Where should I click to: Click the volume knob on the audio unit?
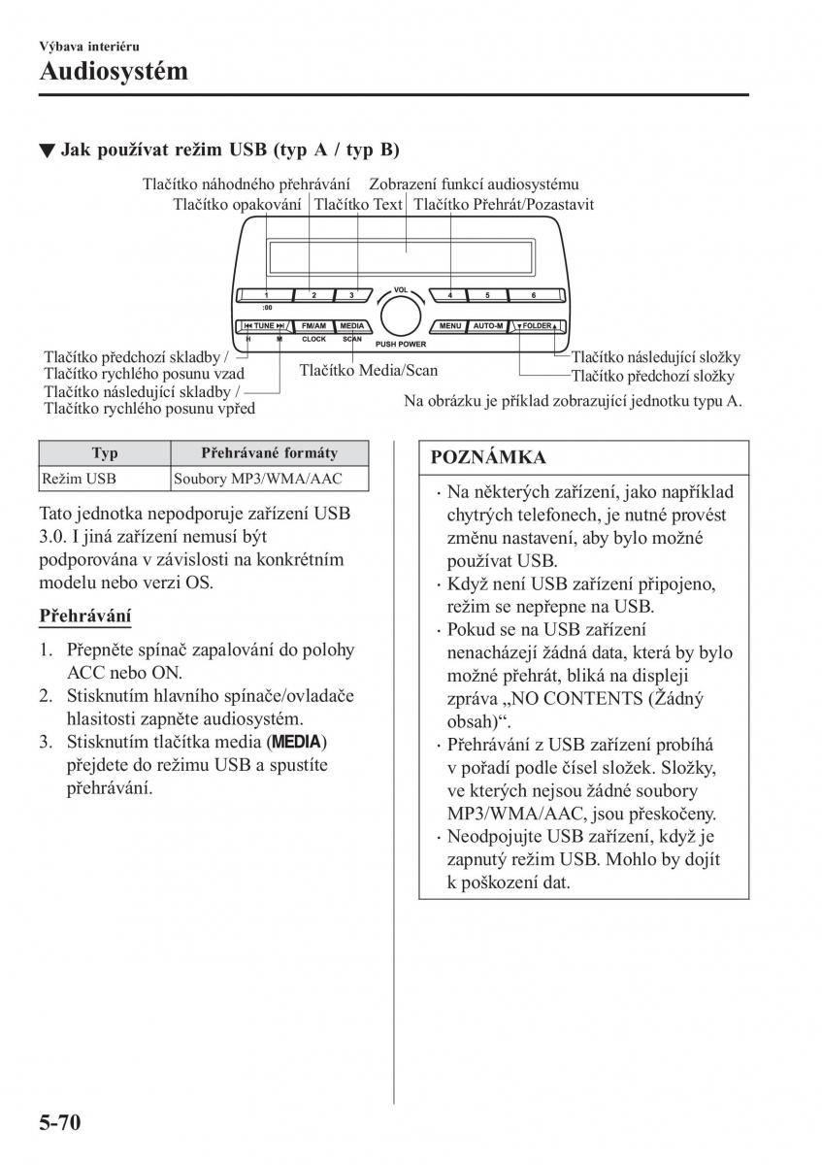[x=399, y=316]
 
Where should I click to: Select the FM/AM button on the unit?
[x=313, y=326]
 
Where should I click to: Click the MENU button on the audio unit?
[x=449, y=326]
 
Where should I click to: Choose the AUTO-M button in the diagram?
[x=488, y=326]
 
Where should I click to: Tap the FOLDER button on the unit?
[x=537, y=326]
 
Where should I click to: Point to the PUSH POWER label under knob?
[x=400, y=345]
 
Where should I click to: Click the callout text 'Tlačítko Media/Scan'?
[x=368, y=370]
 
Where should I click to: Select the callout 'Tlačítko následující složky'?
[x=652, y=357]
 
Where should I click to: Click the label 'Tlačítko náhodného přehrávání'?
[x=246, y=184]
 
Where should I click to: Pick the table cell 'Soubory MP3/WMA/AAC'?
[x=256, y=479]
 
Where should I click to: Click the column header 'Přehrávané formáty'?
[x=269, y=452]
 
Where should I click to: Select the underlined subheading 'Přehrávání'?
[x=85, y=616]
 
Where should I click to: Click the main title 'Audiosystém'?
[x=114, y=71]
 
